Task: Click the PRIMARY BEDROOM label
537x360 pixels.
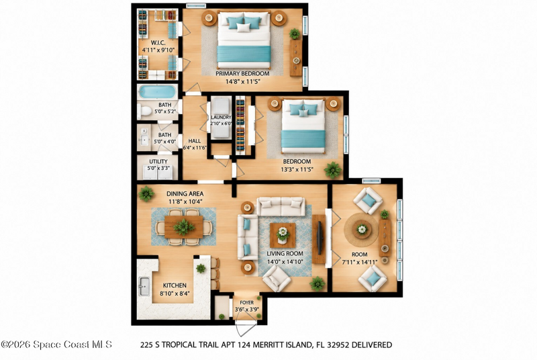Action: click(x=242, y=73)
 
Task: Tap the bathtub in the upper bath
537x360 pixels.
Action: click(x=157, y=92)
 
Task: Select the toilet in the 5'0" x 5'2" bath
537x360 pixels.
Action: click(x=145, y=111)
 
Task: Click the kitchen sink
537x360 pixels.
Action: click(x=144, y=286)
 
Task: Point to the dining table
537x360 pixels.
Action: click(x=183, y=227)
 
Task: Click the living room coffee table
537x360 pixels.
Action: click(x=283, y=235)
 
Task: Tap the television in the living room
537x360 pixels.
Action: click(x=320, y=238)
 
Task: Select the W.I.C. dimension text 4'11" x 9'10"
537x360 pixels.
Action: click(x=158, y=50)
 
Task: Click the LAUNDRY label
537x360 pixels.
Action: click(x=221, y=118)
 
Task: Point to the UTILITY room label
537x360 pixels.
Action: click(x=158, y=161)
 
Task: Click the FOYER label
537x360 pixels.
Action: click(x=246, y=303)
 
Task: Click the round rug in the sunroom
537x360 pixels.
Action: click(x=362, y=229)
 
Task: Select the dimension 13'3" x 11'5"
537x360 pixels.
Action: click(x=297, y=169)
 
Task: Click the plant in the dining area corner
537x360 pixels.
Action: click(x=146, y=193)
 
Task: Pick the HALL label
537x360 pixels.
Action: click(x=195, y=141)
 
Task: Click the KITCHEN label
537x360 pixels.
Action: click(x=175, y=285)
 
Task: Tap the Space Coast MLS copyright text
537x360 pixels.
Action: click(x=56, y=345)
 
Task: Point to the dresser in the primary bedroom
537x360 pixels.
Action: click(x=296, y=58)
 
